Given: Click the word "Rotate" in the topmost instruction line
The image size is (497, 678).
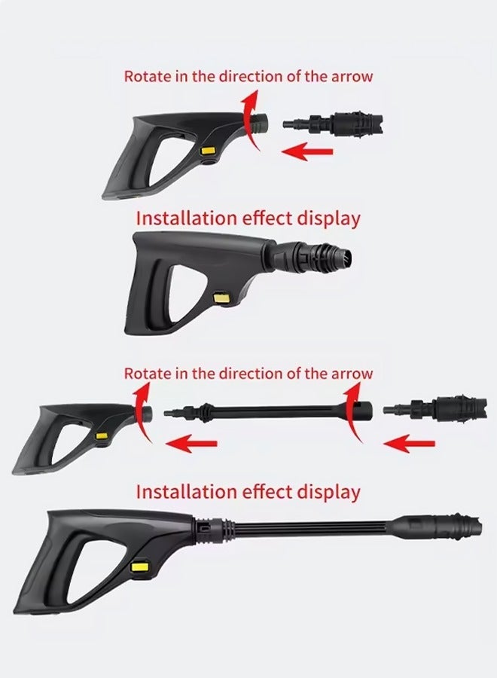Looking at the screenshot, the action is [148, 76].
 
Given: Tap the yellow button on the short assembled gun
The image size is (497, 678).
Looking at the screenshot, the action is [222, 298].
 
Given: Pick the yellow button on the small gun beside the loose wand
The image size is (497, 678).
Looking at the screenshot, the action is [102, 437].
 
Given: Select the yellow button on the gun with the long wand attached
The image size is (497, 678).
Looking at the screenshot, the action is [139, 567].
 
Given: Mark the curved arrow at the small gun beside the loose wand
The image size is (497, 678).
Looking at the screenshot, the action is [140, 413].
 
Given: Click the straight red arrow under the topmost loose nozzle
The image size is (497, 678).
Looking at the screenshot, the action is [307, 151].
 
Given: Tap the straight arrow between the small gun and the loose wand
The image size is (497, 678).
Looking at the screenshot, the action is [191, 444].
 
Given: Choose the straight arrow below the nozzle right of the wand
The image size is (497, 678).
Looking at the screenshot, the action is [409, 444].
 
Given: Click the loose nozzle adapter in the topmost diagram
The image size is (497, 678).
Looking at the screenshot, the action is [333, 124].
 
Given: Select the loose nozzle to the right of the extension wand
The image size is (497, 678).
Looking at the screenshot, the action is [435, 408].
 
